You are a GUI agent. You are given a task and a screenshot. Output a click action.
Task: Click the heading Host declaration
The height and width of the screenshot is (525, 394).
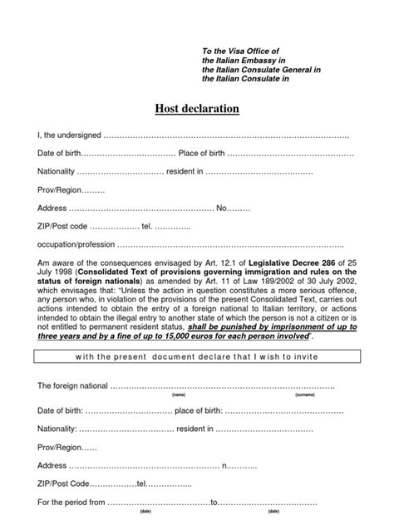(196, 108)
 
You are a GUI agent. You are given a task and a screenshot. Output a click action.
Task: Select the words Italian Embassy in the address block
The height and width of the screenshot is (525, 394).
(254, 61)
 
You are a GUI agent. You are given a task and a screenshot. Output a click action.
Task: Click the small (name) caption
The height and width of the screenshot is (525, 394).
(178, 395)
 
